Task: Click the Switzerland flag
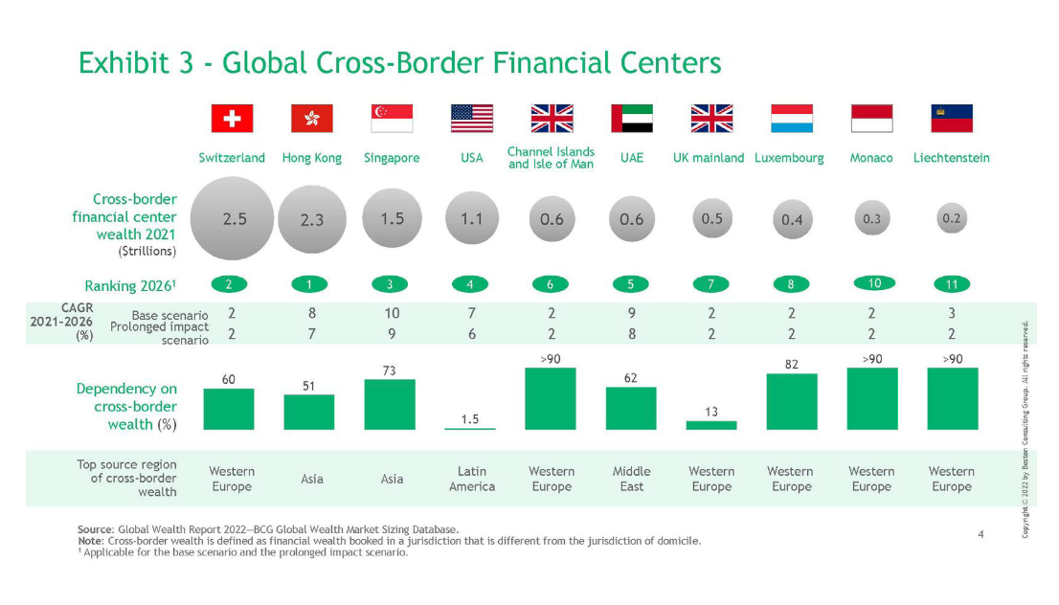pos(232,119)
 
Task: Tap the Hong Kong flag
pos(312,119)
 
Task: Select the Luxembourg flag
pos(792,119)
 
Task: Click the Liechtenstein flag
pos(952,119)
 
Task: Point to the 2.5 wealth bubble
pos(234,218)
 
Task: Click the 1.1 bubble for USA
pos(472,219)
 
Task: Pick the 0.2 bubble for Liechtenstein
pos(952,218)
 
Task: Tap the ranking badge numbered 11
pos(952,284)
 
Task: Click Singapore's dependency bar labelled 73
pos(392,404)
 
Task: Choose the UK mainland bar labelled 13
pos(711,424)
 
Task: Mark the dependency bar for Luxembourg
pos(792,401)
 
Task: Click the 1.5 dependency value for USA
pos(471,418)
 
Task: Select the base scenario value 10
pos(392,313)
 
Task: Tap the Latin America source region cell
pos(472,479)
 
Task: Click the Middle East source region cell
pos(632,479)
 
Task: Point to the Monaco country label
pos(871,158)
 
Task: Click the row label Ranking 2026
pos(131,284)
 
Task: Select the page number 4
pos(980,533)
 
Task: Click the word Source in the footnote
pos(95,529)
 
